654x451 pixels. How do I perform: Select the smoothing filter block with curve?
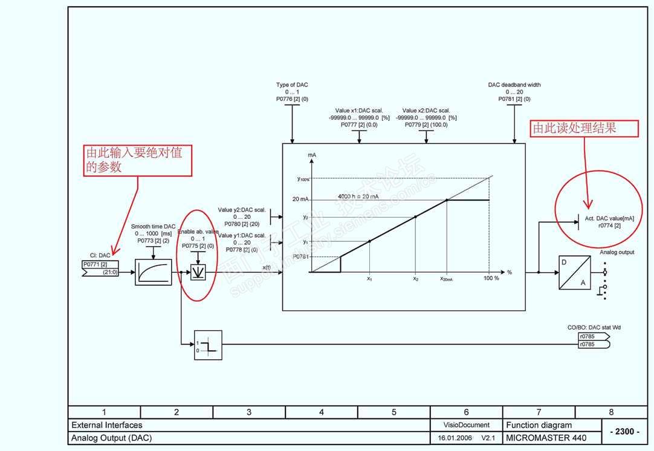(153, 272)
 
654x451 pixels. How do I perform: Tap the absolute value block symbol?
(198, 273)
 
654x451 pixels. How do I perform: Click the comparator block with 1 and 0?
(208, 345)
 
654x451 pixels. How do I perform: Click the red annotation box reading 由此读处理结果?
(584, 128)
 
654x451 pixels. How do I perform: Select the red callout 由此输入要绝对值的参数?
(134, 160)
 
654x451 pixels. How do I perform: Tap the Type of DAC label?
(292, 85)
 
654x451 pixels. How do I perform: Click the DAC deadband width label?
(514, 85)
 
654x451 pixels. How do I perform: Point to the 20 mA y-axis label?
(300, 200)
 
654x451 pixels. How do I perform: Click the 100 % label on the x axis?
(491, 278)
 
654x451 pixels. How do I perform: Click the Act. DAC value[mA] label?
(609, 218)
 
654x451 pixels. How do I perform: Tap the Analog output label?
(617, 252)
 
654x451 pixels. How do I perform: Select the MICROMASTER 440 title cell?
(538, 438)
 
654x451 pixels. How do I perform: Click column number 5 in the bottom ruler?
(393, 412)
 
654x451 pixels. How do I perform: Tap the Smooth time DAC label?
(153, 227)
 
